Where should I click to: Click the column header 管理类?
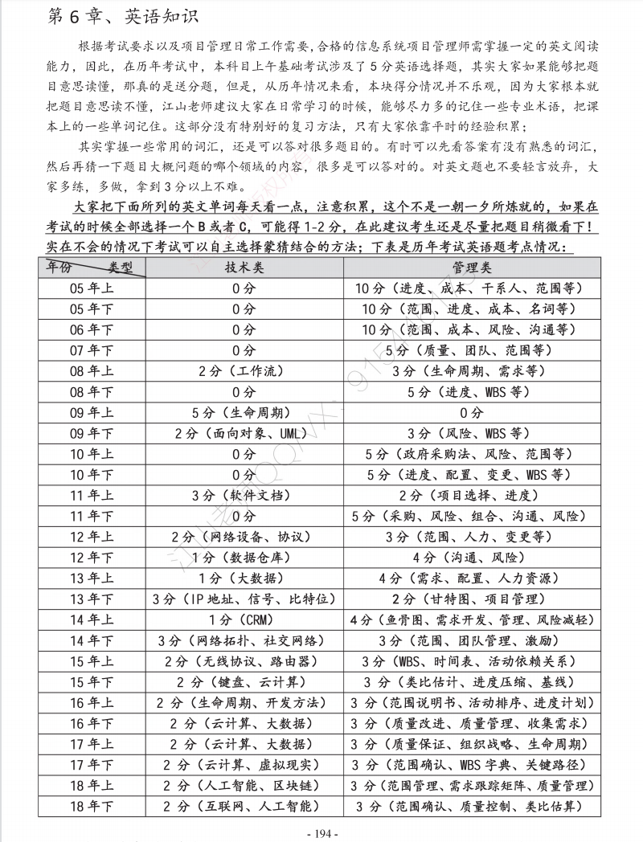tap(472, 267)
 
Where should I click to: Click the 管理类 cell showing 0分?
tap(472, 413)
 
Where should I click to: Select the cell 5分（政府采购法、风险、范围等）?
tap(472, 455)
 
